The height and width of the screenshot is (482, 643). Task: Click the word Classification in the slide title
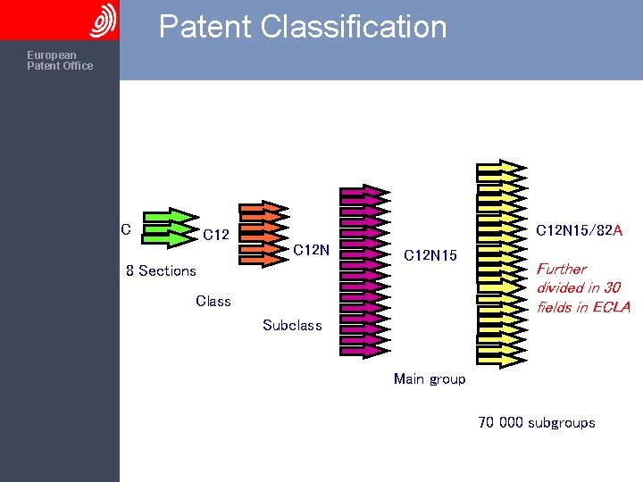coord(354,27)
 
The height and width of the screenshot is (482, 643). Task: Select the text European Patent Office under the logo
coord(60,61)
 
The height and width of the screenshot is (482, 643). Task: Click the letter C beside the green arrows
coord(126,229)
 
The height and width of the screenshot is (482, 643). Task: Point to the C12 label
coord(216,236)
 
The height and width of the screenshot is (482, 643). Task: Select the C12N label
coord(313,250)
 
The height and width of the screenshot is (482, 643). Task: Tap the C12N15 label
coord(430,256)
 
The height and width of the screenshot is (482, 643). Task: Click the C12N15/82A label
coord(579,230)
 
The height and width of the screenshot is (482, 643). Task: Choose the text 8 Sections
coord(161,270)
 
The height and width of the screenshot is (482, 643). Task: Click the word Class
coord(213,301)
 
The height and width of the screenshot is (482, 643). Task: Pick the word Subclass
coord(292,325)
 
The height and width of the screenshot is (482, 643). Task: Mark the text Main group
coord(430,379)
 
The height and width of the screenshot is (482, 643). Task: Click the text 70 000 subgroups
coord(537,423)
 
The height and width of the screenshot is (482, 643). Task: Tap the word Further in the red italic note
coord(562,269)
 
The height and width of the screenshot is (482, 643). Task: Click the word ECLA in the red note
coord(612,307)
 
